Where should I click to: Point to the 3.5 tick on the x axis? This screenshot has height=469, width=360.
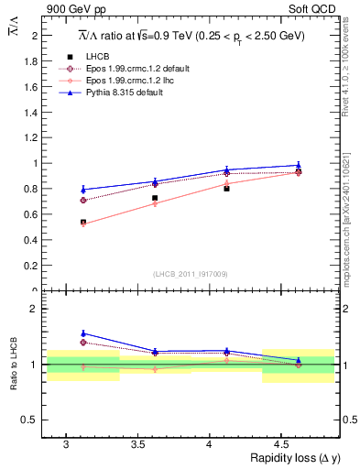coord(137,444)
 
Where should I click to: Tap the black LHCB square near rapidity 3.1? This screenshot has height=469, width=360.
coord(83,222)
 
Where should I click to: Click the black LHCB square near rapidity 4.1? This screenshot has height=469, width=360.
coord(226,188)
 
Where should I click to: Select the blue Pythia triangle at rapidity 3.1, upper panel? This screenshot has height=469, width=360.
coord(83,190)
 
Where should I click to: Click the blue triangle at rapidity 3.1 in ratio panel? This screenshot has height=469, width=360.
coord(83,333)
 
